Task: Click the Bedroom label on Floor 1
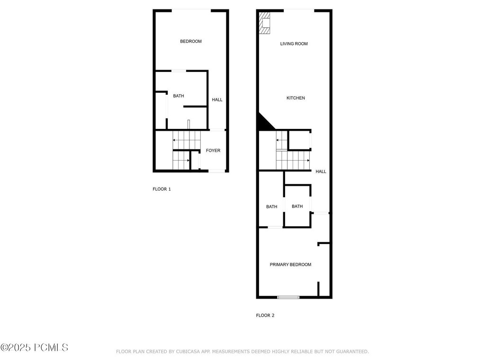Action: tap(191, 41)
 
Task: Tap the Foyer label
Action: tap(213, 151)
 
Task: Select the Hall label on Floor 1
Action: tap(217, 100)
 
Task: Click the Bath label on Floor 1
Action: tap(179, 96)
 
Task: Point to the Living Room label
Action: tap(294, 44)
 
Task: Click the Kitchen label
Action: tap(296, 98)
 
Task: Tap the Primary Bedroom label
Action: tap(290, 264)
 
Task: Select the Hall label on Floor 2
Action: tap(321, 172)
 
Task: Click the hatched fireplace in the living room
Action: tap(264, 23)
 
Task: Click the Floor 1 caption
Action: tap(162, 189)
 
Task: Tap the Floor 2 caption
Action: tap(265, 315)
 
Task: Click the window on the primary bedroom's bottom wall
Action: tap(288, 297)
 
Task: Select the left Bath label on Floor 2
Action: tap(271, 207)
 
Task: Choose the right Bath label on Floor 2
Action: tap(297, 206)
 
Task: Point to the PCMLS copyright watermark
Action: tap(34, 348)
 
